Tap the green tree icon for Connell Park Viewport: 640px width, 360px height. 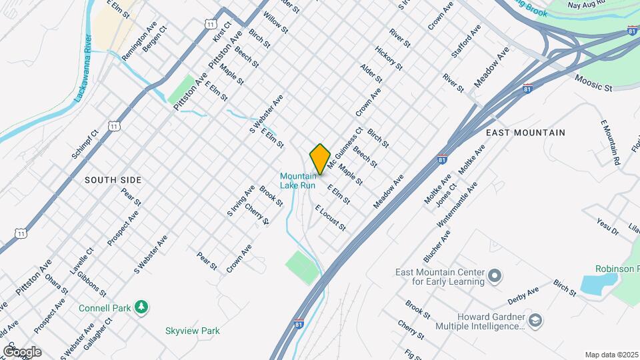tap(141, 307)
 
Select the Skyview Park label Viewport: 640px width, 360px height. tap(192, 331)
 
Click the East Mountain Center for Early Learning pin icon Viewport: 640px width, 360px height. tap(494, 275)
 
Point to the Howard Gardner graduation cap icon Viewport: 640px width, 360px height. tap(535, 321)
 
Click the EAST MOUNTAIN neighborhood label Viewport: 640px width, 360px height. tap(525, 133)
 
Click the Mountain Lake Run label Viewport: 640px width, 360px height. tap(297, 180)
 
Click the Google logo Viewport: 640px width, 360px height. tap(22, 351)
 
